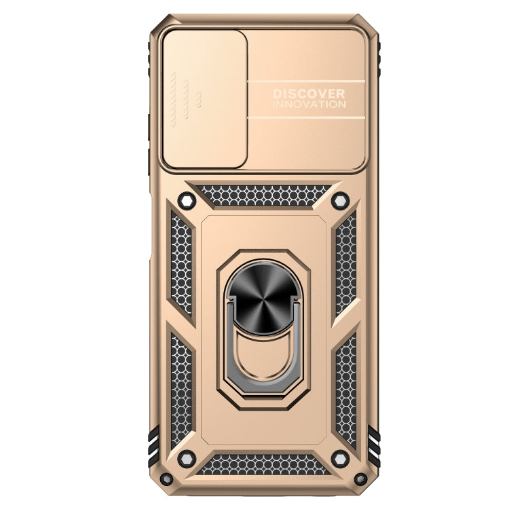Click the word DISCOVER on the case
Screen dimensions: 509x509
309,94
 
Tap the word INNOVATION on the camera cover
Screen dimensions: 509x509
309,105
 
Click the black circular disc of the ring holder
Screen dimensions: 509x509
263,297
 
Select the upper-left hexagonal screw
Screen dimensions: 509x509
187,201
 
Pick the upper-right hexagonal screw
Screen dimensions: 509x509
340,201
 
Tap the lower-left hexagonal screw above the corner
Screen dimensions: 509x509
187,459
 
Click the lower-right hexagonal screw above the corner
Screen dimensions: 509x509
340,459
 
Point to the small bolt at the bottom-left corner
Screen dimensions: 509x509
166,478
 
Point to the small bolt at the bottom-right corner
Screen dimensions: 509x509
360,478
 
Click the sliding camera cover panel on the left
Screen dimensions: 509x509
205,99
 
